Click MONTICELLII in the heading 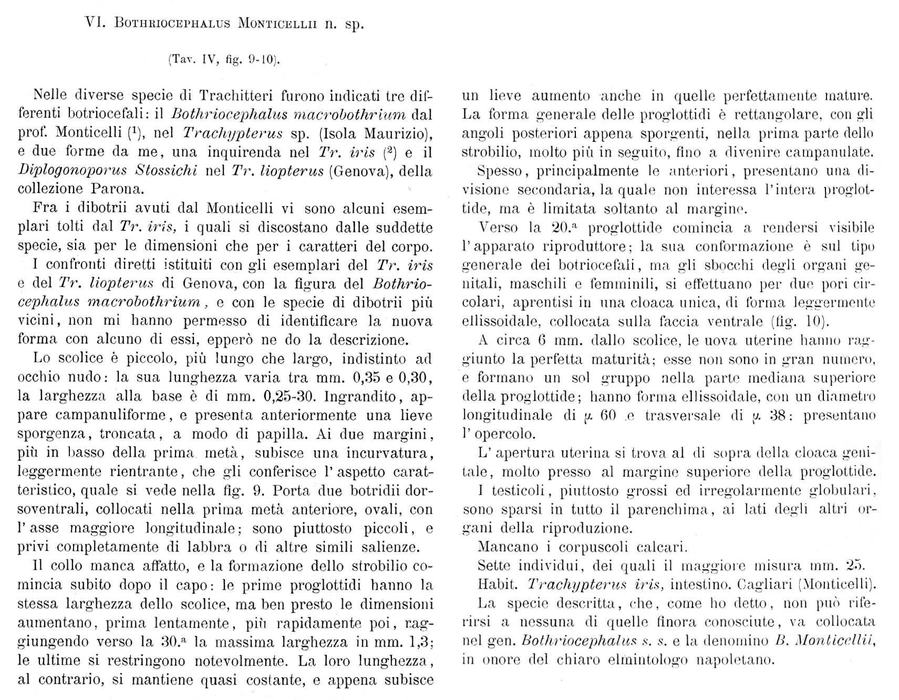point(277,24)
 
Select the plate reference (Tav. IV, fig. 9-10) point(224,60)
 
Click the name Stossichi point(167,171)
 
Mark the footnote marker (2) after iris point(388,152)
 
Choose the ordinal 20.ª point(566,228)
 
